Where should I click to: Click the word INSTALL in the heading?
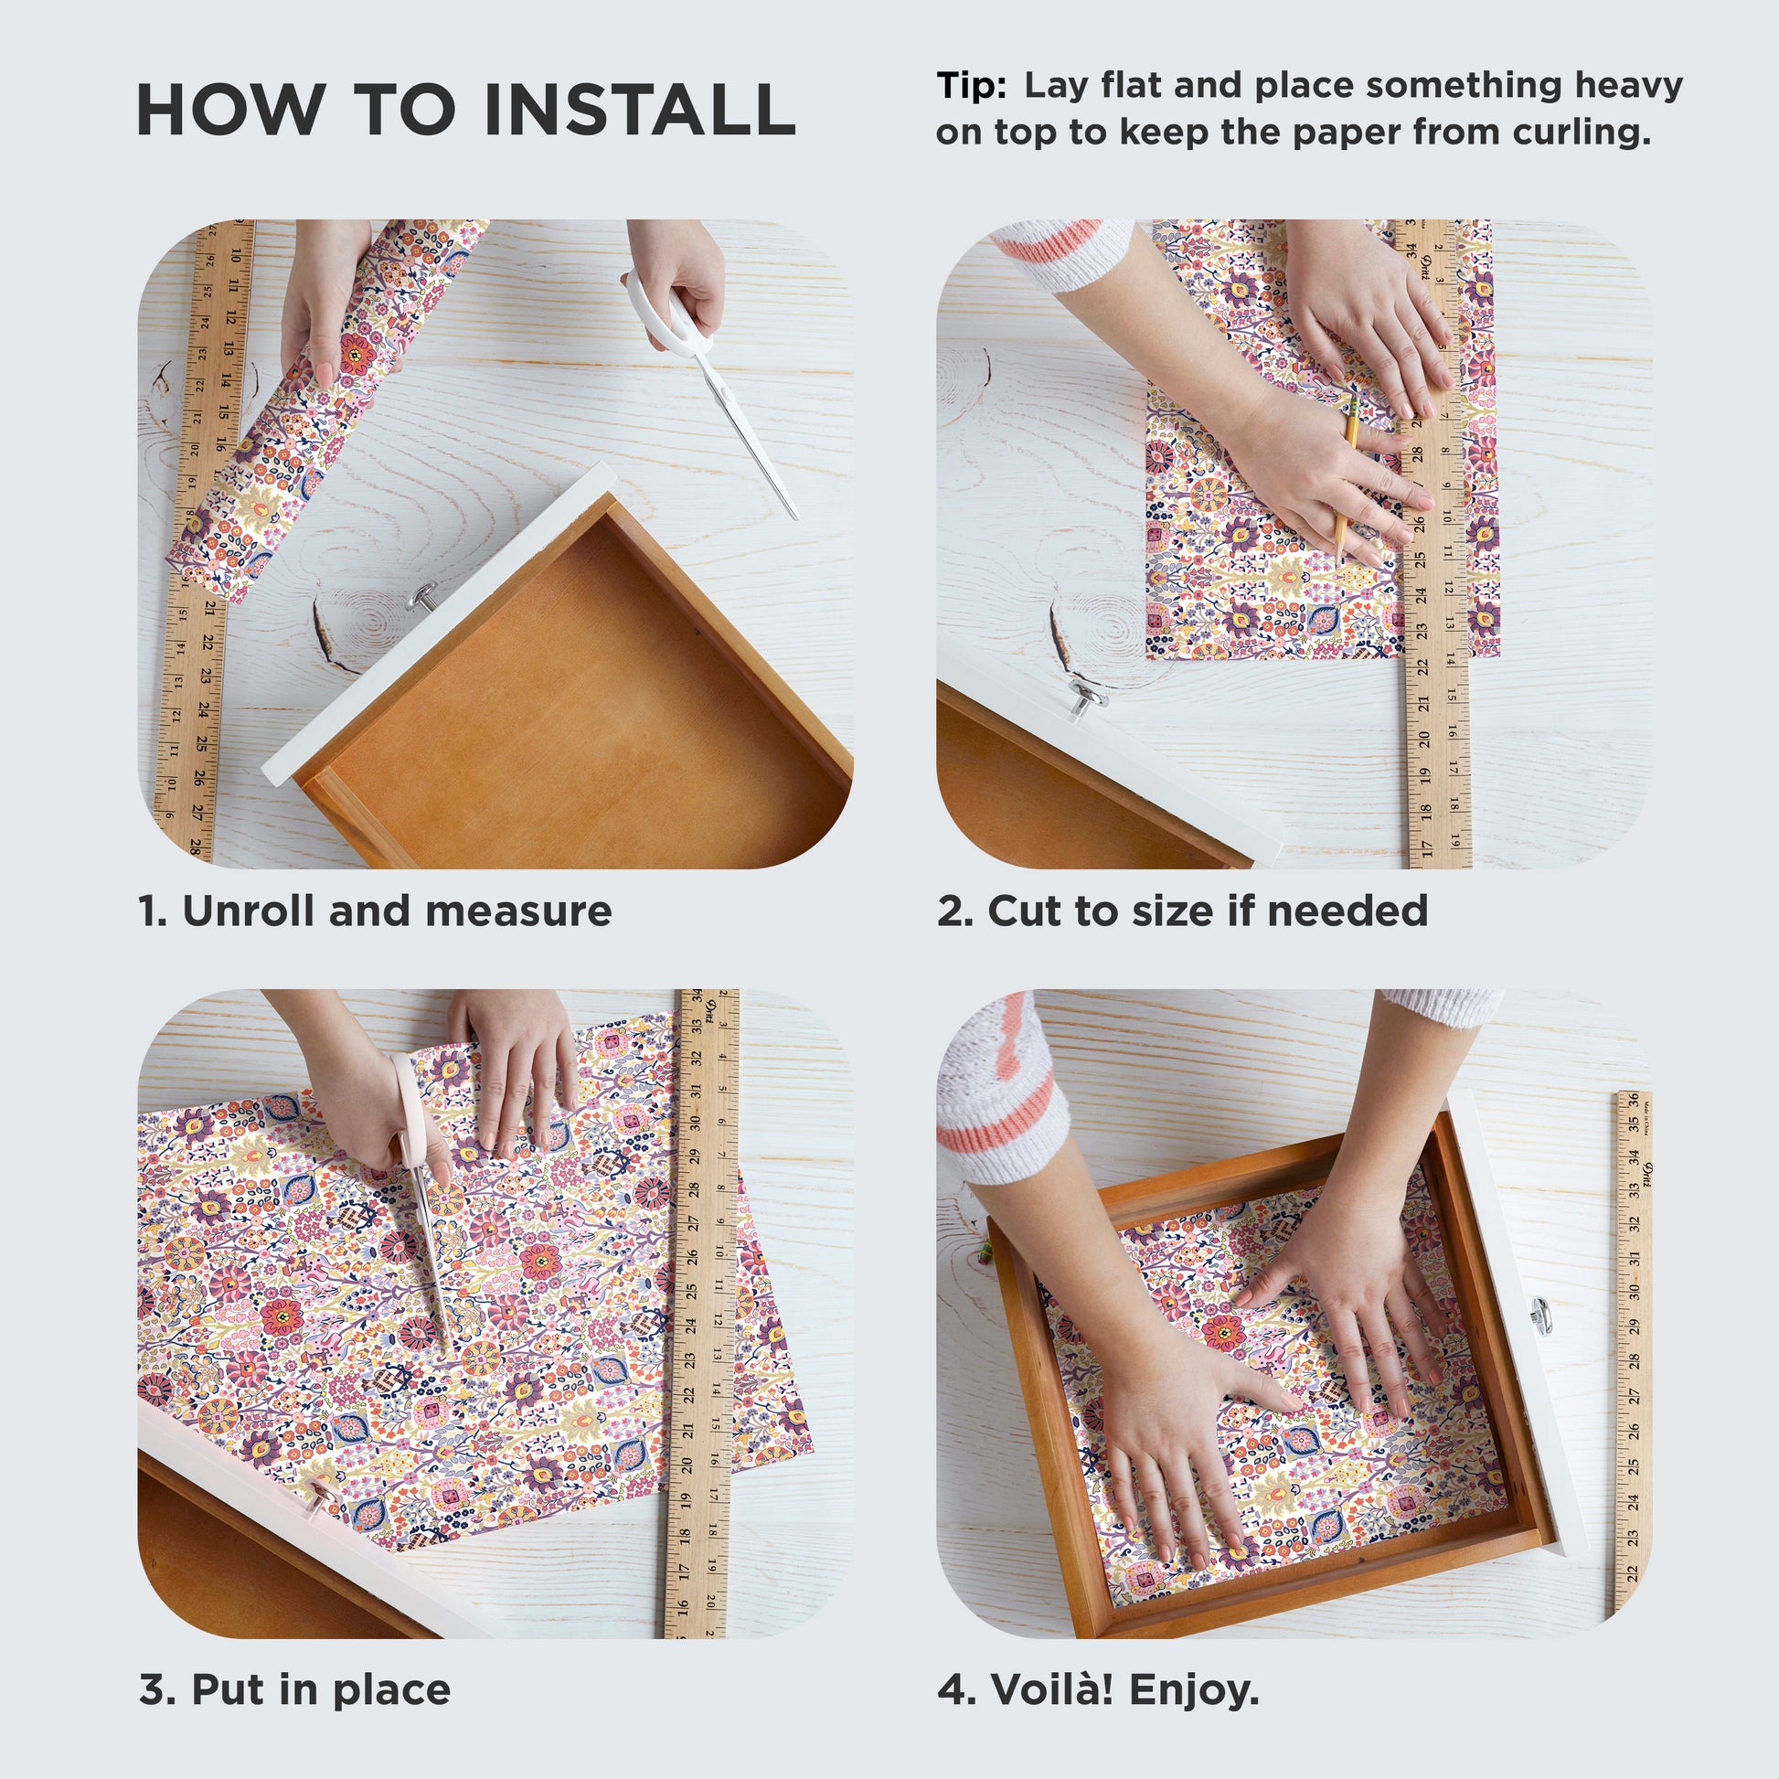640,110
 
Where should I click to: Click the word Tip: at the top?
972,86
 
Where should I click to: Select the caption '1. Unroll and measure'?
375,911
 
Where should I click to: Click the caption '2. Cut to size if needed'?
1182,911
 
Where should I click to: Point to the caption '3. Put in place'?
294,1689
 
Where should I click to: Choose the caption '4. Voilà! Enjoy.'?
1098,1689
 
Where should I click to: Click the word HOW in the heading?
230,110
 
